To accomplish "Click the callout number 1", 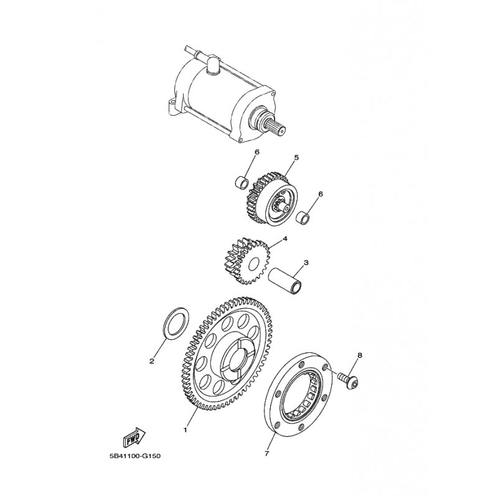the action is pos(184,429).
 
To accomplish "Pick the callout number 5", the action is pos(296,158).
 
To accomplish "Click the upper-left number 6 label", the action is pos(256,152).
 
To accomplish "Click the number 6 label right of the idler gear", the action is pos(321,194).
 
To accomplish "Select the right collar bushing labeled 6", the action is pos(304,218).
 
